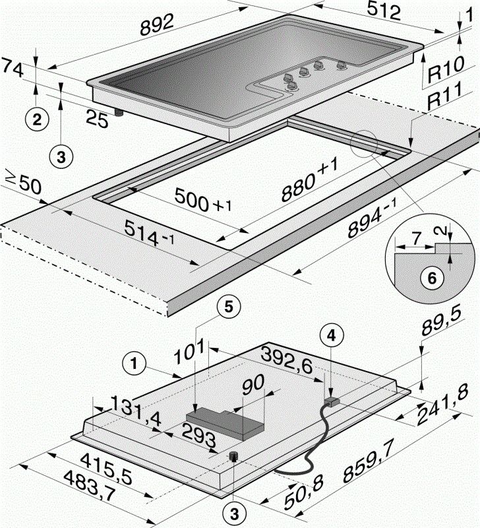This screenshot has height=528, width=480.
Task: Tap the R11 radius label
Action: pyautogui.click(x=448, y=100)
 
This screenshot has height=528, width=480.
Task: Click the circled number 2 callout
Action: pyautogui.click(x=37, y=119)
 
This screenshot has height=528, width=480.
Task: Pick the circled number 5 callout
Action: pyautogui.click(x=226, y=306)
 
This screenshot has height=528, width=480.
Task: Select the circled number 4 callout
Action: pyautogui.click(x=332, y=335)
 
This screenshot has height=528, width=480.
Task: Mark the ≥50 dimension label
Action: pyautogui.click(x=22, y=183)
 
